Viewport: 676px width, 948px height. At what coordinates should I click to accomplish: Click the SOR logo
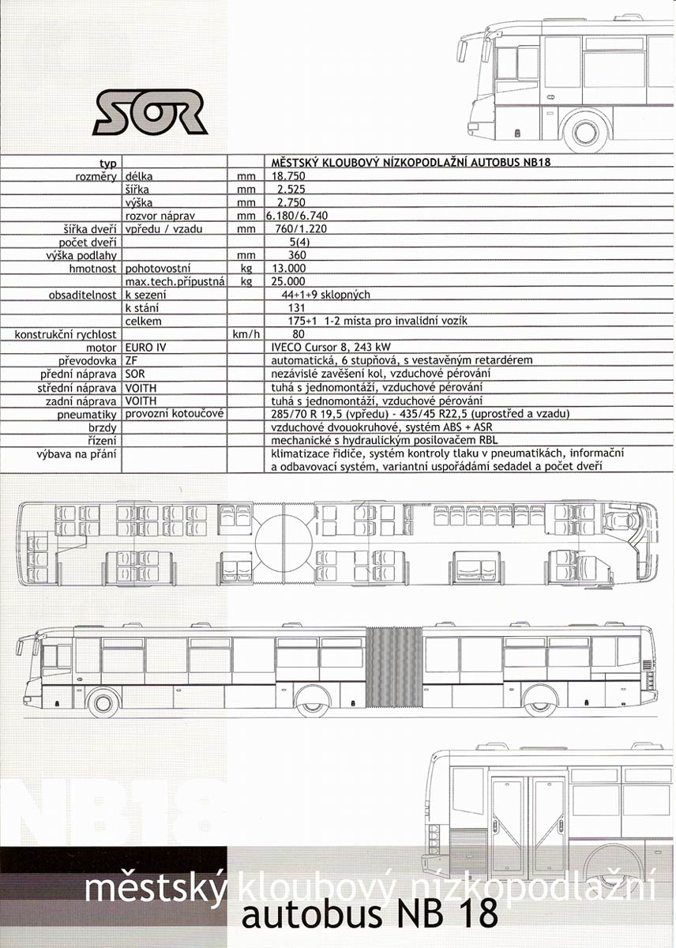point(150,111)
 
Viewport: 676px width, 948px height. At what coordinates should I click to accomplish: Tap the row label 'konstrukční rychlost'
point(65,335)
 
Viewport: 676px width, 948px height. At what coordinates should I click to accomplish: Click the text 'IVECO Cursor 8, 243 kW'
point(331,348)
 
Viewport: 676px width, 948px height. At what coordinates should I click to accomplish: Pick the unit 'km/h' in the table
point(246,334)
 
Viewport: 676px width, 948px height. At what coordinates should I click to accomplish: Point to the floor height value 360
point(297,255)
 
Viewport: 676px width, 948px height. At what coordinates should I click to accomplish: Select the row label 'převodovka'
point(87,361)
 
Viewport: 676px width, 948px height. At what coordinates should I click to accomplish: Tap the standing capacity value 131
point(297,307)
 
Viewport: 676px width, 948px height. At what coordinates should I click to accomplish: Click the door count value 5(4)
point(299,243)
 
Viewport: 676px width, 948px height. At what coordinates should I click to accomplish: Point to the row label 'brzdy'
point(103,427)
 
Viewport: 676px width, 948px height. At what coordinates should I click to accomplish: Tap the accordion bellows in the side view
point(394,668)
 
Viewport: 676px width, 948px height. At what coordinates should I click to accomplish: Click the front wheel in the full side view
point(103,703)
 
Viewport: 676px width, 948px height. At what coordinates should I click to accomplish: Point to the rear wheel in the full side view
point(540,703)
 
